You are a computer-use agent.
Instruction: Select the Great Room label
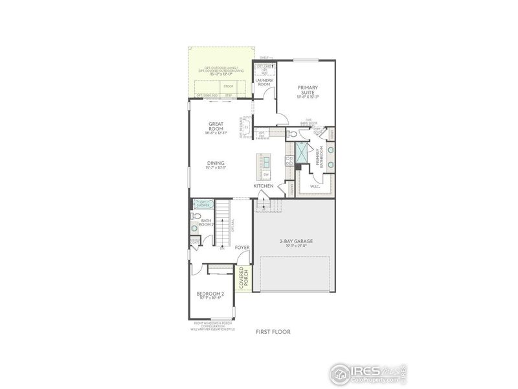216,126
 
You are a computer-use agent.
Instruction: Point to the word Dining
216,163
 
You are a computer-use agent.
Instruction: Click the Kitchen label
264,187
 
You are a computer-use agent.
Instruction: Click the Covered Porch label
243,277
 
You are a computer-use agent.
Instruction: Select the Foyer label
242,248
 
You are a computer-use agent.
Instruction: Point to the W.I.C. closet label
315,187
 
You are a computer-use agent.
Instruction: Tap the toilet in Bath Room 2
194,228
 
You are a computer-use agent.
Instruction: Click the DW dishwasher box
266,174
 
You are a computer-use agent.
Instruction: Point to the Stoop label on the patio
228,86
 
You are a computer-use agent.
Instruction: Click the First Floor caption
273,332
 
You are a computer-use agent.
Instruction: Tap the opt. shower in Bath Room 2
203,204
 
